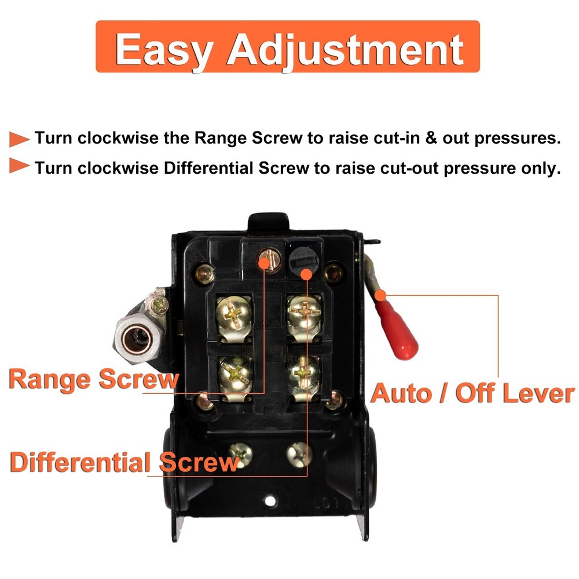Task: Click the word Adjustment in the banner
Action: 346,49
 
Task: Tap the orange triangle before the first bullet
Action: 20,139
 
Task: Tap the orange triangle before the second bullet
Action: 20,167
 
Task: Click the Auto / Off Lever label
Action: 472,393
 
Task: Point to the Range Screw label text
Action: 93,379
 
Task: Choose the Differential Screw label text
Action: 124,463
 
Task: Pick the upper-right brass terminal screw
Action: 304,313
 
